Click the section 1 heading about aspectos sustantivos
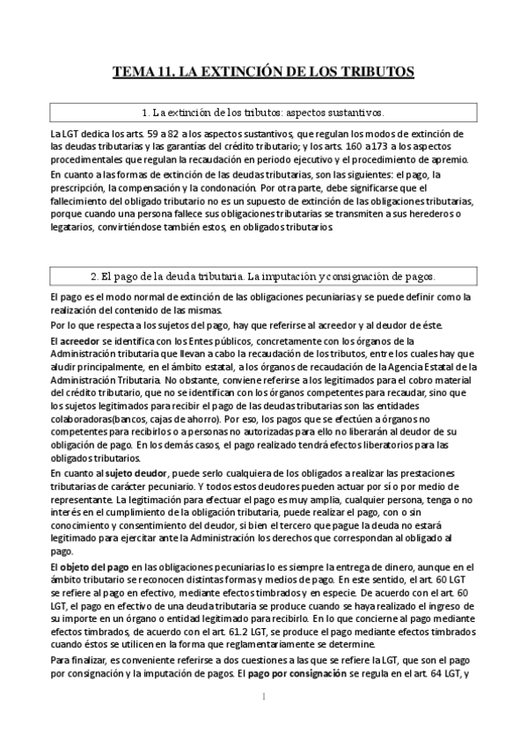[263, 113]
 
